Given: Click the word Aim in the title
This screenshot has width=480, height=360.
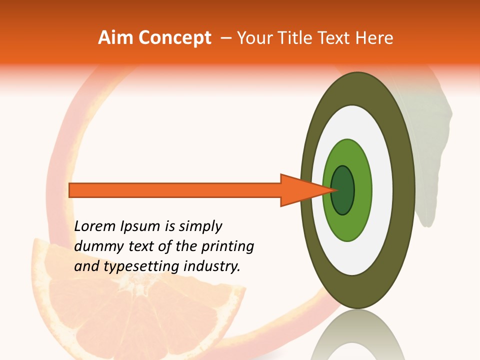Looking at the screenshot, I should pos(116,38).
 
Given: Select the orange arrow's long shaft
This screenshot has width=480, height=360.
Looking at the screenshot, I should pos(175,190).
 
